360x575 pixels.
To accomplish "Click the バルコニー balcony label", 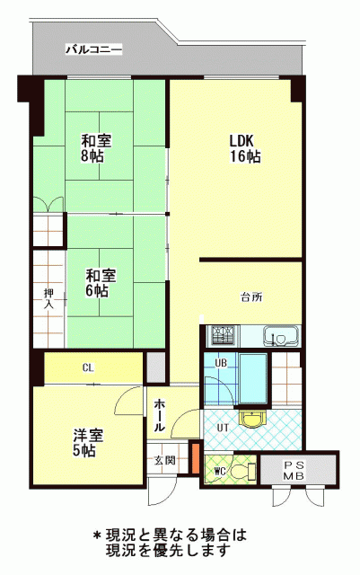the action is (x=93, y=49).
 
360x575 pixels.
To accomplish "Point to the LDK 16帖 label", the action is (x=245, y=148).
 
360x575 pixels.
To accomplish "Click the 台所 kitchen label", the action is (x=252, y=297).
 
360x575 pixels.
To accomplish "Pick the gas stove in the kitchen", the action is (x=222, y=335).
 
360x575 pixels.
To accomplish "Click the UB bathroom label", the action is (x=220, y=363).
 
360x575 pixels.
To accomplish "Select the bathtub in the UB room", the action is (x=252, y=379).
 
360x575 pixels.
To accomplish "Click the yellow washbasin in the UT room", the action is (x=251, y=420).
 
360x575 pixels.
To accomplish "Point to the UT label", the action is (x=223, y=428).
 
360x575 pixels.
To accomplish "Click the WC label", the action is (x=220, y=472).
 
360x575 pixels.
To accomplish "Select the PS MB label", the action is (x=294, y=471).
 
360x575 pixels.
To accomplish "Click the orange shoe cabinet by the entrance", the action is (x=196, y=458).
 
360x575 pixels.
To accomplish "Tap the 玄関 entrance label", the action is (x=164, y=460).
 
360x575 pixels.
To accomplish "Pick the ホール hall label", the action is (x=159, y=415).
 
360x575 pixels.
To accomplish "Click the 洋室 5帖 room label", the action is (x=88, y=443).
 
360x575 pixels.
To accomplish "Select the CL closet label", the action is (x=88, y=367).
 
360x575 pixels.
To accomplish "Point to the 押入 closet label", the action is (x=48, y=298).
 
